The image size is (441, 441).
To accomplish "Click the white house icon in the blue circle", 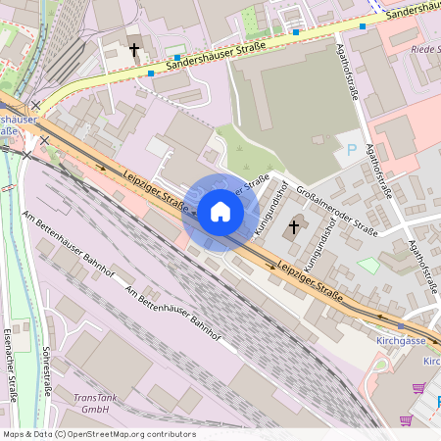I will tap(220, 212).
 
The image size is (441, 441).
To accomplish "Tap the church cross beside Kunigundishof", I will tap(293, 229).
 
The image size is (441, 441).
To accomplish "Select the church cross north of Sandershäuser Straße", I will tap(135, 49).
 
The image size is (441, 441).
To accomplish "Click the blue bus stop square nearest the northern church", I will tap(151, 73).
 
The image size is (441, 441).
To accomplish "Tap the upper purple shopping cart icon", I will tap(418, 389).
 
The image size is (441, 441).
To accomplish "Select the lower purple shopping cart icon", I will tap(406, 418).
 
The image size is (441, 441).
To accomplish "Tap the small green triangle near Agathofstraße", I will tap(367, 265).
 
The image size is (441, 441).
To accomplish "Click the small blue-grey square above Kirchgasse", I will tap(400, 324).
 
